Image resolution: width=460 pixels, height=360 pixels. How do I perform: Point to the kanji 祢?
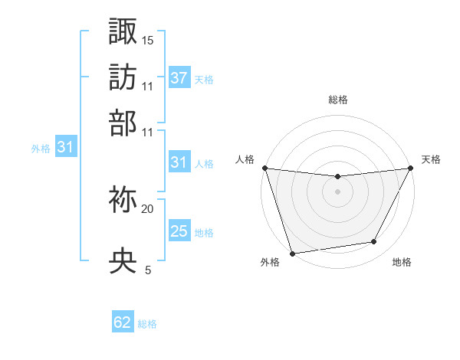(x=123, y=201)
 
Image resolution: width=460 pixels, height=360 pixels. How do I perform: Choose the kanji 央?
(x=123, y=261)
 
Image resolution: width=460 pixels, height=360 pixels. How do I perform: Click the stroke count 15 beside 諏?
(x=148, y=40)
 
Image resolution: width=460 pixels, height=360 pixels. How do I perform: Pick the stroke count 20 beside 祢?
(x=148, y=208)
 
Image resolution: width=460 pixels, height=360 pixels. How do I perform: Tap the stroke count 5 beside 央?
(x=148, y=270)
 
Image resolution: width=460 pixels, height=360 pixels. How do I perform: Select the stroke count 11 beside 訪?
(x=148, y=86)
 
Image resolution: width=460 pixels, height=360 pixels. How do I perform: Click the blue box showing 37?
(x=179, y=78)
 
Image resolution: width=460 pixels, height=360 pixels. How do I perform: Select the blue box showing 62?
(x=123, y=322)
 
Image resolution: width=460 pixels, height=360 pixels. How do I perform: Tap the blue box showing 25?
(x=179, y=231)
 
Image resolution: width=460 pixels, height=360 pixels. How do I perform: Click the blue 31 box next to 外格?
(x=65, y=148)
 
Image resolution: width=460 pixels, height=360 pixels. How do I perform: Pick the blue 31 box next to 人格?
(x=179, y=162)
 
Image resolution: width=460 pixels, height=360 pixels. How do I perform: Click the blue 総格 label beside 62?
(x=147, y=324)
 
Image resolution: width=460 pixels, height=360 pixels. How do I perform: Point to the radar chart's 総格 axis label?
(x=337, y=100)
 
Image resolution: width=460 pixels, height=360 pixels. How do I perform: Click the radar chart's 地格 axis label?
(x=402, y=262)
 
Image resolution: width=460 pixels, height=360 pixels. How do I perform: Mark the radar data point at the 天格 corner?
(x=411, y=168)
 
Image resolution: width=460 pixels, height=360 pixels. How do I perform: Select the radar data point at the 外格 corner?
(x=292, y=253)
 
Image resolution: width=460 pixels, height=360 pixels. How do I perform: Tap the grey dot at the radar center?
(x=337, y=191)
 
